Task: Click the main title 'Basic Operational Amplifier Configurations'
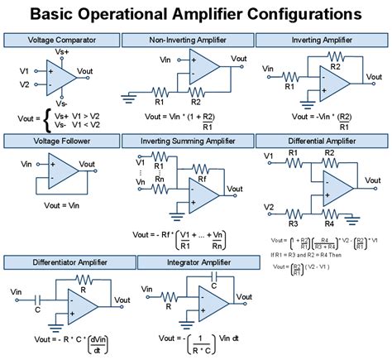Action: click(196, 14)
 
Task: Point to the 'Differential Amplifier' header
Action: click(322, 141)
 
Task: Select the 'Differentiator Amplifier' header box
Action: click(69, 263)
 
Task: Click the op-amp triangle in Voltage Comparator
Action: click(60, 77)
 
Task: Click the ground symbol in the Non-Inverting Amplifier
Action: click(131, 97)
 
